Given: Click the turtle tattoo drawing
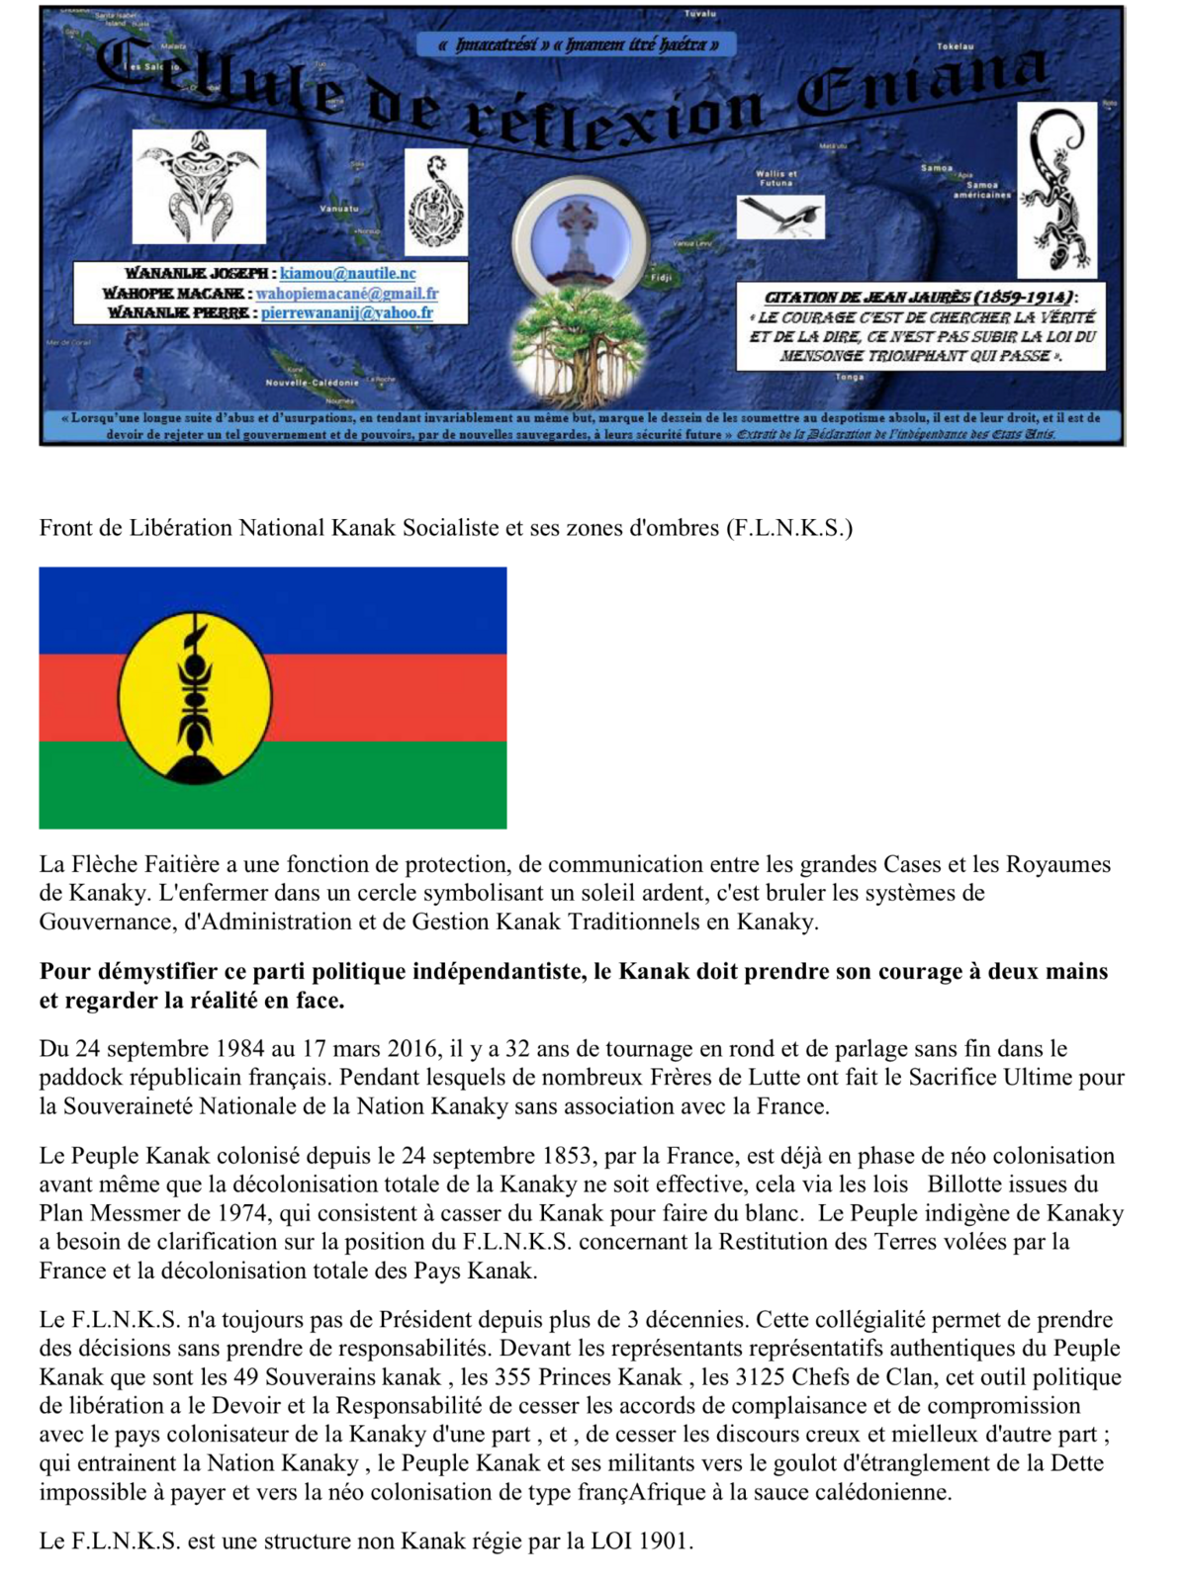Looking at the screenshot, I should (x=199, y=186).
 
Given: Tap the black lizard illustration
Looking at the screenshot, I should (x=1057, y=189).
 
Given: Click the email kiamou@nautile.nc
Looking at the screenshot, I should (x=347, y=273).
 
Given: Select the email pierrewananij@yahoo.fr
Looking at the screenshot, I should (x=347, y=312).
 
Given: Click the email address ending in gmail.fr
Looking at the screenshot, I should (x=346, y=293).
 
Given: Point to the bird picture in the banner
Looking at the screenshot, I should (x=780, y=217).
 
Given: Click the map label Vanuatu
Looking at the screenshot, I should (x=338, y=209).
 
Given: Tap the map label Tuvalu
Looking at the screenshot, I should (x=700, y=14).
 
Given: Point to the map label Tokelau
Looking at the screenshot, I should (x=956, y=46).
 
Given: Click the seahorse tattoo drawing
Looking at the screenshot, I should (x=436, y=202).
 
